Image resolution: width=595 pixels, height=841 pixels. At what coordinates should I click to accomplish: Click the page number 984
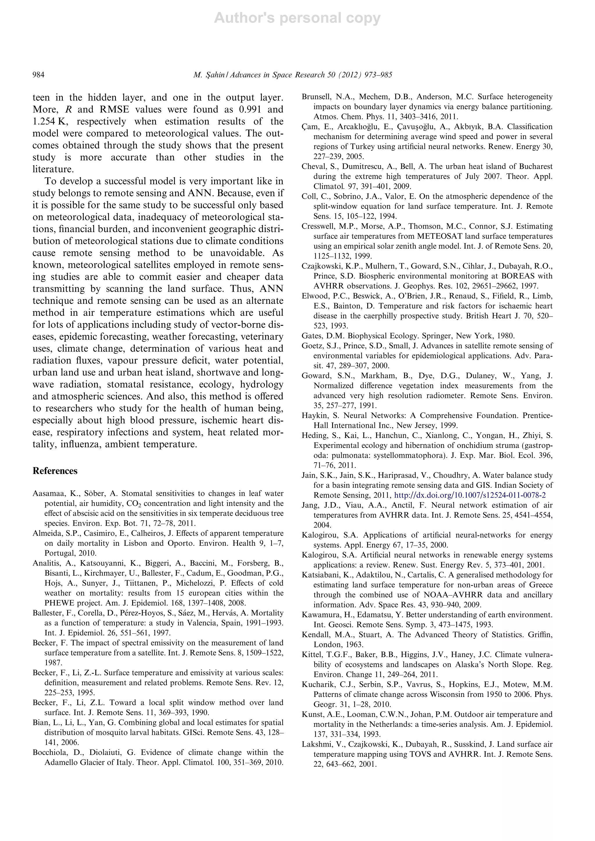click(x=38, y=75)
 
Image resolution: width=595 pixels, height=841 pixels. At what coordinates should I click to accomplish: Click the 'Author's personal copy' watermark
click(x=297, y=18)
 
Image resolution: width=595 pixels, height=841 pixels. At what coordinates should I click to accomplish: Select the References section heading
click(x=55, y=471)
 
